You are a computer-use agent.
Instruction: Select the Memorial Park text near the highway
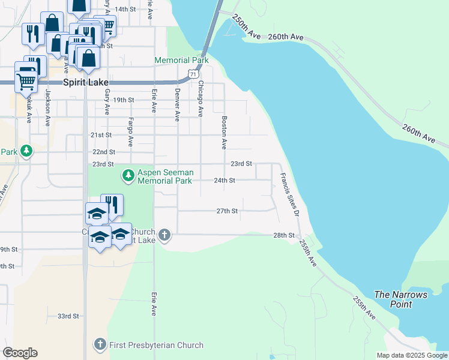tap(181, 60)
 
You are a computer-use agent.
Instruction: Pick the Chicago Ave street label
tap(200, 98)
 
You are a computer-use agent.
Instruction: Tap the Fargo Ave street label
tap(130, 131)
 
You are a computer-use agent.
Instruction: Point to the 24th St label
tap(224, 180)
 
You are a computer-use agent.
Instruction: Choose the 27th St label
tap(228, 211)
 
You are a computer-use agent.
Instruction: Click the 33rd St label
tap(68, 316)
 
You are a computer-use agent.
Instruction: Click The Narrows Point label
tap(400, 299)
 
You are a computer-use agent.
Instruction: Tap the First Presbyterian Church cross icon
tap(101, 345)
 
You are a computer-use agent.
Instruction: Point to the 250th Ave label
tap(247, 27)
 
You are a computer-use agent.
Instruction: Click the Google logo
tap(20, 353)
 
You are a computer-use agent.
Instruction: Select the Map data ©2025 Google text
tap(411, 355)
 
